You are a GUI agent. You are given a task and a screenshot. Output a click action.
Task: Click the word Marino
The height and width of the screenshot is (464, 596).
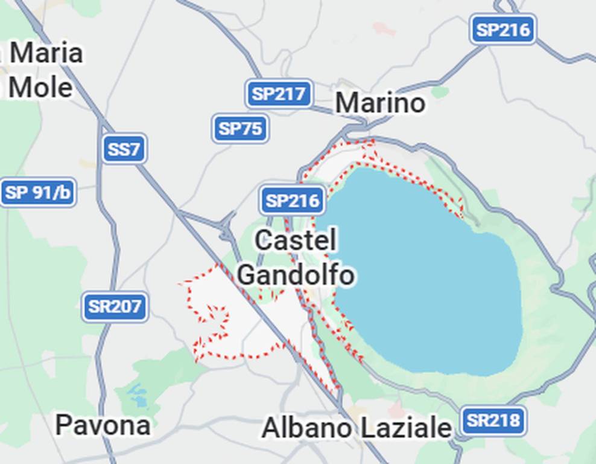pyautogui.click(x=380, y=103)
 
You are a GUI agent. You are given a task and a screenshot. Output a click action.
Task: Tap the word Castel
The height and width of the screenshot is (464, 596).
pyautogui.click(x=296, y=240)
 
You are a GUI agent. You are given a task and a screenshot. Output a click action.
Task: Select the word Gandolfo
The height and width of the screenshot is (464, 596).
pyautogui.click(x=296, y=275)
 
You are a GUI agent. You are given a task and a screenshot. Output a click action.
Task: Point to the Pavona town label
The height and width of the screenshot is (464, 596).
pyautogui.click(x=103, y=426)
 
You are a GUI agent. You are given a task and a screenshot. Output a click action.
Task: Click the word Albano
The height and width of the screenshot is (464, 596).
pyautogui.click(x=306, y=428)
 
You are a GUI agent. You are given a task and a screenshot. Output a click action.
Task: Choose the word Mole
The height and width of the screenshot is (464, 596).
pyautogui.click(x=40, y=88)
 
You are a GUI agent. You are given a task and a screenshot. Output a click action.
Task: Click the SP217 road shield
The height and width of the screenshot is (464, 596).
pyautogui.click(x=279, y=94)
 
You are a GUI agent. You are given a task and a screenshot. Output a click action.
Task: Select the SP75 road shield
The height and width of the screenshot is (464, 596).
pyautogui.click(x=240, y=129)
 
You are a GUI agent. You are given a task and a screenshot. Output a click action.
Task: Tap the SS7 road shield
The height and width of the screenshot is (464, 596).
pyautogui.click(x=124, y=149)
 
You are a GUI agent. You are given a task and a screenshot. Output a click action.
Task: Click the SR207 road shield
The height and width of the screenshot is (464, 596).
pyautogui.click(x=115, y=306)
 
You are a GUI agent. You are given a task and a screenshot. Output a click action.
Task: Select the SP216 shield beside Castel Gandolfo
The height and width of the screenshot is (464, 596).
pyautogui.click(x=293, y=201)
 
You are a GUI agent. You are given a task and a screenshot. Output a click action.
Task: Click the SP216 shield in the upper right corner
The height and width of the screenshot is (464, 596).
pyautogui.click(x=502, y=29)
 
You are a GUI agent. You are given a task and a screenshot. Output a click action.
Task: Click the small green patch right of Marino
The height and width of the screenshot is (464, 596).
pyautogui.click(x=440, y=92)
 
